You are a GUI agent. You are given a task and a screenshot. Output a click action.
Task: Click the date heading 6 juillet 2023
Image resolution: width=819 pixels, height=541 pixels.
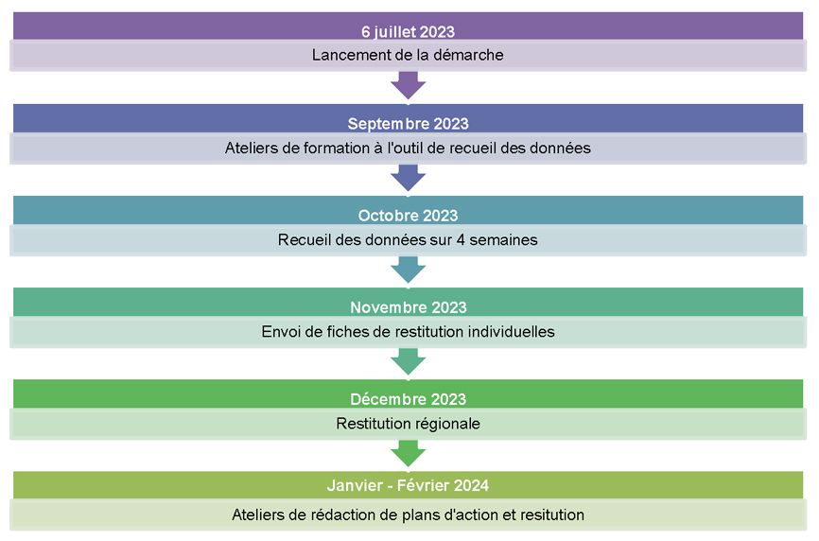tap(408, 32)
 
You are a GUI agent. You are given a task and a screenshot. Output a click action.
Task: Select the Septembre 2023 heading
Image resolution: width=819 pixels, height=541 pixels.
tap(408, 124)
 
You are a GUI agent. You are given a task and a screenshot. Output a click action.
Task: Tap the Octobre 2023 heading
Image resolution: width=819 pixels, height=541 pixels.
tap(408, 216)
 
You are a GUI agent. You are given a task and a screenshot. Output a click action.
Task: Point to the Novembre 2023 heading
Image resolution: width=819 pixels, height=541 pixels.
tap(408, 307)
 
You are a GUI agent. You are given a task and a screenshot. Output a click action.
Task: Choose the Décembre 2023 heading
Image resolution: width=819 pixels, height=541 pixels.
tap(408, 399)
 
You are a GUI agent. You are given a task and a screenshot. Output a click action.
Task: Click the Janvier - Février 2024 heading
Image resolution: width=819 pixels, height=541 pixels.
tap(408, 485)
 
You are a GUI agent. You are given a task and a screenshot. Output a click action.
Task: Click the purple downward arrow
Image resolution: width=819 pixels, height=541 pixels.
tap(408, 85)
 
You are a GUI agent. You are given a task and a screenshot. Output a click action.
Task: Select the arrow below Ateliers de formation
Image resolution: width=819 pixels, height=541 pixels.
tap(408, 178)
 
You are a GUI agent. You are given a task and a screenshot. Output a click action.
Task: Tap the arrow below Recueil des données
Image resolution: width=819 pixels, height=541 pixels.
tap(408, 270)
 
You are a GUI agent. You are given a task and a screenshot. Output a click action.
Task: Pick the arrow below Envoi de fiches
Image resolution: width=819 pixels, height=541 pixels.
tap(408, 361)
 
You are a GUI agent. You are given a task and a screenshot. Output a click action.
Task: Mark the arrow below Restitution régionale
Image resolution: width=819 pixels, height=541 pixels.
tap(408, 453)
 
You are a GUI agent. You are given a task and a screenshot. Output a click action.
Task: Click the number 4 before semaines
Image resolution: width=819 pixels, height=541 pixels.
tap(461, 240)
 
